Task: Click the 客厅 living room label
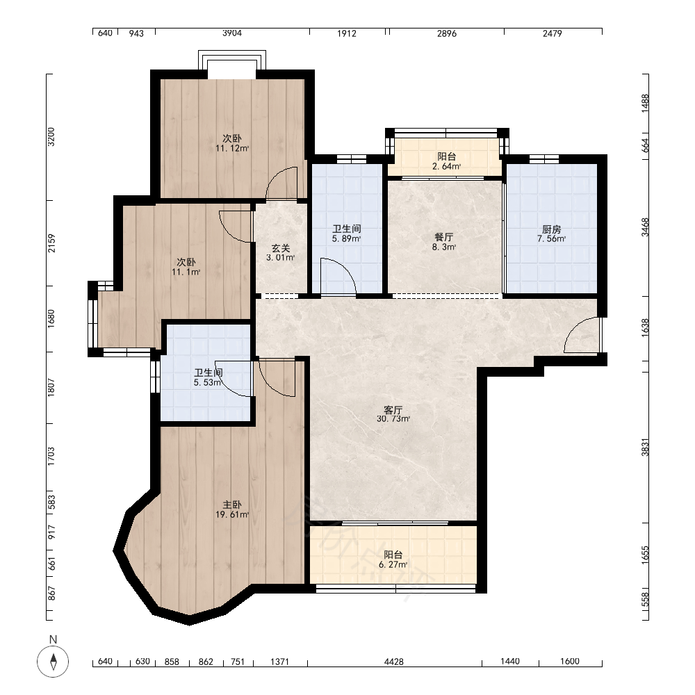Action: tap(393, 409)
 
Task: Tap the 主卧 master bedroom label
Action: tap(232, 505)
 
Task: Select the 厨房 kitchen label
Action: tap(551, 229)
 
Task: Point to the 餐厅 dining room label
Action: tap(443, 237)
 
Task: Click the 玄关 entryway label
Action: tap(281, 248)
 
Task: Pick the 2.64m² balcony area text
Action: tap(446, 167)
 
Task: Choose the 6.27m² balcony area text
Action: tap(393, 564)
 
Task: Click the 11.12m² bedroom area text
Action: tap(232, 149)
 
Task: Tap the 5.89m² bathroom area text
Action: tap(346, 239)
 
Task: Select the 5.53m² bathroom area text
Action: tap(207, 382)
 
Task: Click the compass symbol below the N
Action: tap(54, 662)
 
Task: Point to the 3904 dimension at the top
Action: tap(232, 33)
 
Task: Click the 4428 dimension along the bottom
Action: tap(393, 662)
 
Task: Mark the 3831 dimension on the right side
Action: tap(646, 447)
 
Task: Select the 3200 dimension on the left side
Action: tap(51, 137)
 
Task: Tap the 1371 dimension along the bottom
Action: tap(279, 662)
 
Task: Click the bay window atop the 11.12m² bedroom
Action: tap(232, 60)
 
